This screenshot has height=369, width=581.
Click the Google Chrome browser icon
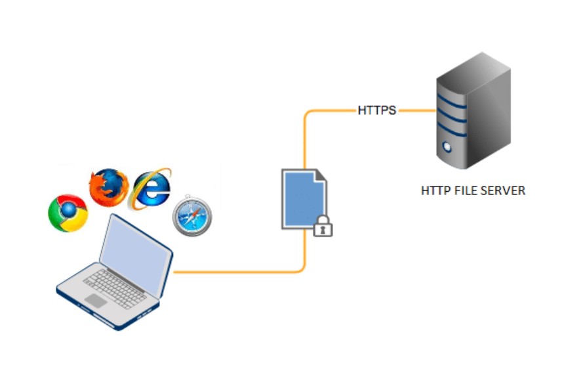pos(68,213)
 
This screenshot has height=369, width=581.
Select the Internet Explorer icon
pos(151,188)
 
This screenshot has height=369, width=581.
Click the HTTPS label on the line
pos(376,110)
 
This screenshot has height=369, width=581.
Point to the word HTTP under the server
pos(434,191)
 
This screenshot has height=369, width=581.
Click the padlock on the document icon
pos(323,227)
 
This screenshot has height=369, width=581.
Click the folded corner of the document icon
pos(319,176)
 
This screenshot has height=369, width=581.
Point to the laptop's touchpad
pos(96,300)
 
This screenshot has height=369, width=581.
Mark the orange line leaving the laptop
pos(230,271)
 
